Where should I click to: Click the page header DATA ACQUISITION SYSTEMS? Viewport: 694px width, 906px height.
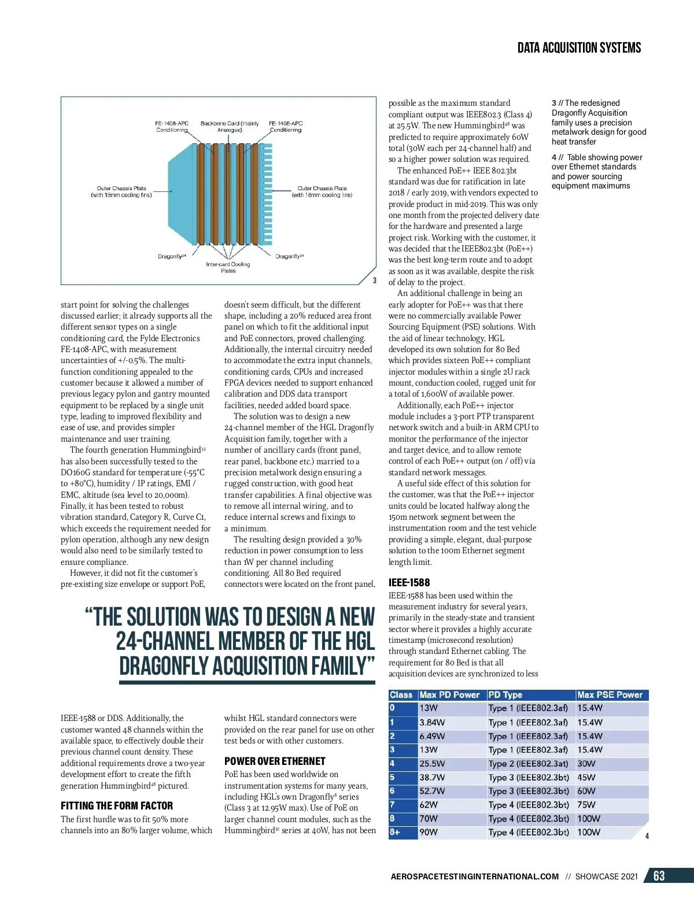tap(579, 48)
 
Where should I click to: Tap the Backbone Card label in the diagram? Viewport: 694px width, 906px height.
tap(230, 127)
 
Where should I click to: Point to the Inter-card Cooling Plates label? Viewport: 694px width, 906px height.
tap(228, 267)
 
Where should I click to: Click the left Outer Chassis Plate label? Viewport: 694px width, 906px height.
tap(121, 191)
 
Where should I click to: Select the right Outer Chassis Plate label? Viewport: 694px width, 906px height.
tap(322, 191)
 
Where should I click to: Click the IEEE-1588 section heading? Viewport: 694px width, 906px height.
tap(409, 582)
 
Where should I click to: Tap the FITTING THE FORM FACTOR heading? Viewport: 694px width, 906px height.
tap(117, 805)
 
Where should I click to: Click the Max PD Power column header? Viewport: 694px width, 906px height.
tap(449, 695)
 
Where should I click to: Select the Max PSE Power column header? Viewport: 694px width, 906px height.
tap(610, 695)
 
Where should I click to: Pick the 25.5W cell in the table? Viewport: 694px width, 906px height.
tap(432, 764)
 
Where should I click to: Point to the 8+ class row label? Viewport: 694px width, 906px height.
tap(395, 833)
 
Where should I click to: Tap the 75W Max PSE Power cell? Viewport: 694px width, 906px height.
tap(586, 805)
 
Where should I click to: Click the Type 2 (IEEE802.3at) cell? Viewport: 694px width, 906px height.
tap(528, 764)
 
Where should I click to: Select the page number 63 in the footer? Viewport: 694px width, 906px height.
tap(659, 876)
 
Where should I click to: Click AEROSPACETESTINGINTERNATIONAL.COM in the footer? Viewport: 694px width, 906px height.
tap(475, 877)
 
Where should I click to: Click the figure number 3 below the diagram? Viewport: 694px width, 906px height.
tap(374, 280)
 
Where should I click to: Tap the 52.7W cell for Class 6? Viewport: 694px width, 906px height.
tap(432, 791)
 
